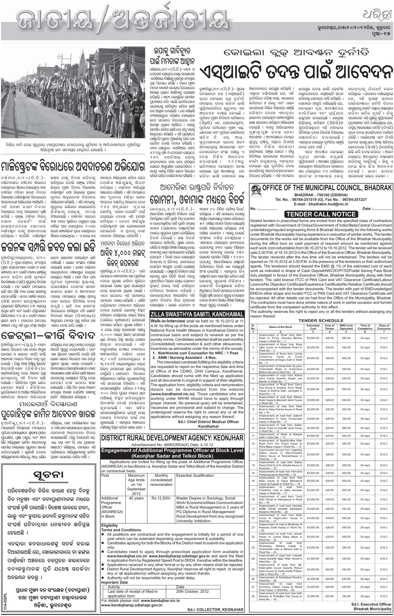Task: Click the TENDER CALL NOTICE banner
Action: (x=321, y=214)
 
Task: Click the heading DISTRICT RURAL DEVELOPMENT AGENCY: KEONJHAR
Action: (x=172, y=438)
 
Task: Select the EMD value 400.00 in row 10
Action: (x=346, y=428)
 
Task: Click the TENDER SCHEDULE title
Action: (x=321, y=320)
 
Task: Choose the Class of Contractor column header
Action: (x=384, y=327)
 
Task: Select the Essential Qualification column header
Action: (x=195, y=475)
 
